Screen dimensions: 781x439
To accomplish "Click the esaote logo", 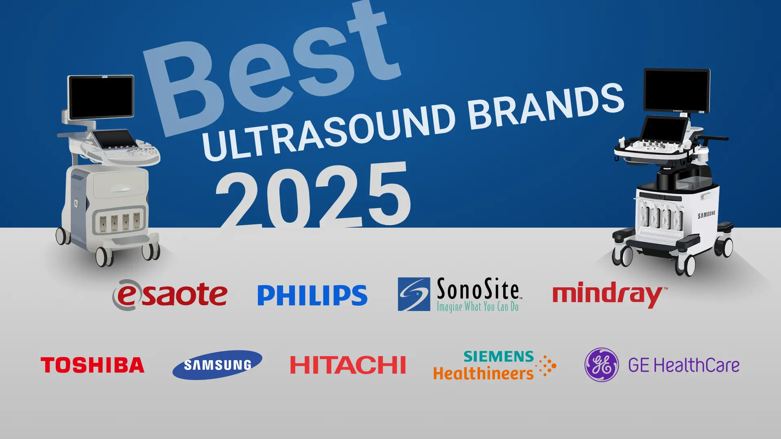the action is (170, 294).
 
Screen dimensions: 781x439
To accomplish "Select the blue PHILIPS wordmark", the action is (312, 295).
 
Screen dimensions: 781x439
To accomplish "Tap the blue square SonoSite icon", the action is (414, 294).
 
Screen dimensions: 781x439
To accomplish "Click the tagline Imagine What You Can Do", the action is (478, 306).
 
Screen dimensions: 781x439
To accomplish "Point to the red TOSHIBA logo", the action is (92, 365).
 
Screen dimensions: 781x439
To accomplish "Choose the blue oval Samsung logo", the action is (217, 365).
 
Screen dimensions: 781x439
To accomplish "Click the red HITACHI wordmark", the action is (348, 365).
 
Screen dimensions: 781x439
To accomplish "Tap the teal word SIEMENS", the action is (499, 356).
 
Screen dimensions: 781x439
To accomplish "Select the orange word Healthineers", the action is (483, 373).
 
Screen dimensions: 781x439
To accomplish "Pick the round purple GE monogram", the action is (602, 365).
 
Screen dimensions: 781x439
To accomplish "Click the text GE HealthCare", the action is (684, 365).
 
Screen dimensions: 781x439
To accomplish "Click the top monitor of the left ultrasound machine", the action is (101, 98).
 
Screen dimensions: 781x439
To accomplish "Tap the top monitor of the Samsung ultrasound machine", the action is (677, 91).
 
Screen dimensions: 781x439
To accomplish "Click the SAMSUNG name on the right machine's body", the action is (707, 215).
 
